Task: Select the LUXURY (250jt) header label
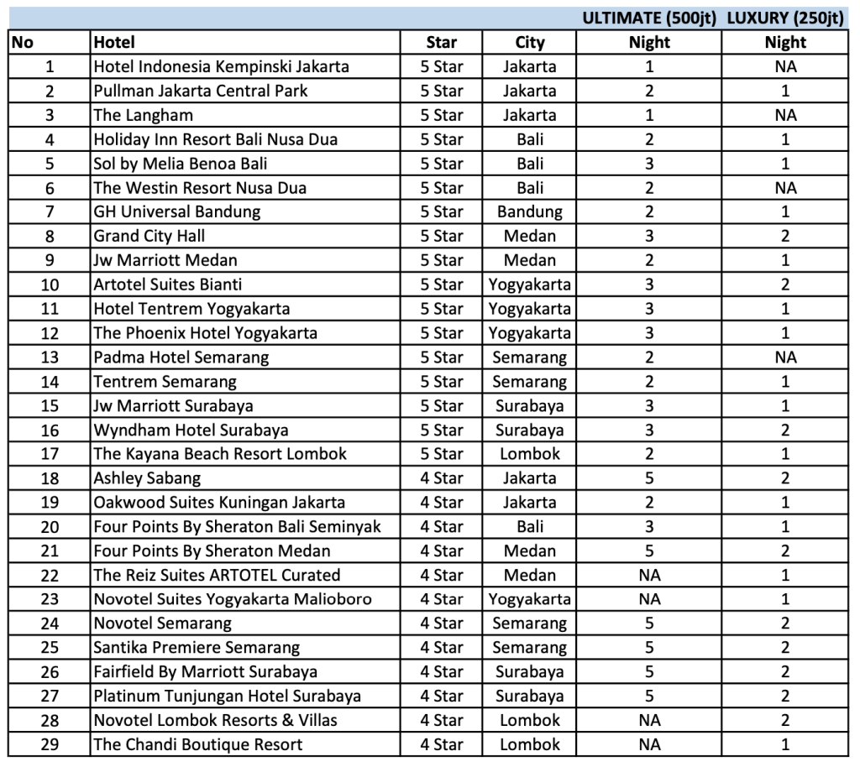[785, 18]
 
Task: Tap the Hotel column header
[114, 43]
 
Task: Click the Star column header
[442, 43]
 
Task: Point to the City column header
[530, 43]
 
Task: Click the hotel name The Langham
[144, 115]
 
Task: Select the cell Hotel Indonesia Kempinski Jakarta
[221, 66]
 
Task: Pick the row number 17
[50, 454]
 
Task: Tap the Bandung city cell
[530, 211]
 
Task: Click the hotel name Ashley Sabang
[147, 478]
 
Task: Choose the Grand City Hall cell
[149, 236]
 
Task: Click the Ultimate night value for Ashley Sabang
[649, 478]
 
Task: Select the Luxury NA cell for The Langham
[785, 115]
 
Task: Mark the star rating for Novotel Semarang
[442, 624]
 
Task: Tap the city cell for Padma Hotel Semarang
[530, 357]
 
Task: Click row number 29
[50, 744]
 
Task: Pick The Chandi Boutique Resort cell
[198, 744]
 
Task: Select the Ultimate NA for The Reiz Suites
[649, 575]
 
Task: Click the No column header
[23, 43]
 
